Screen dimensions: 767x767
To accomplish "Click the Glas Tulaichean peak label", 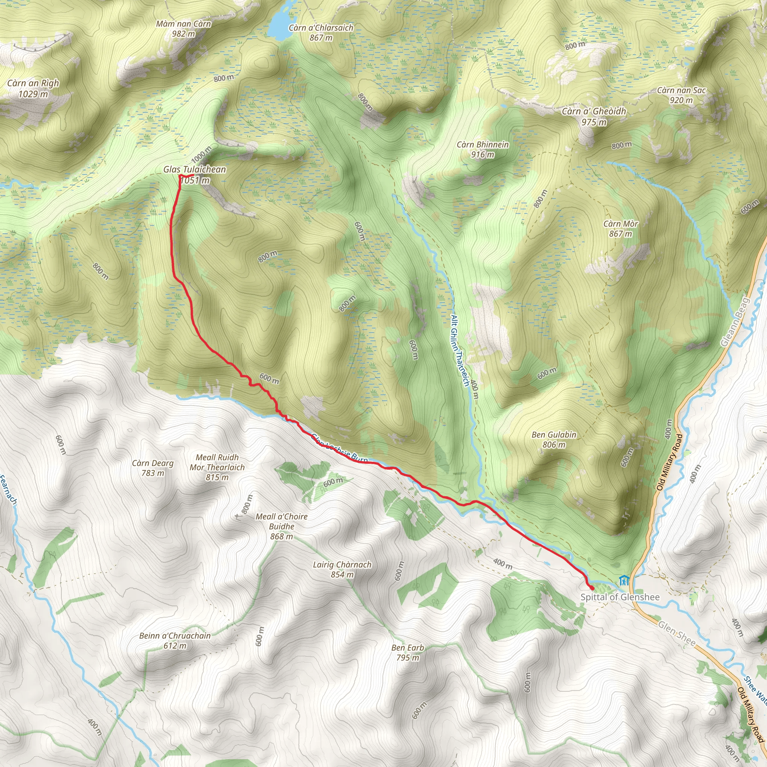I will coord(194,170).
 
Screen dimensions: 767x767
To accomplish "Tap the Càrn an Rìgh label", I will coord(33,84).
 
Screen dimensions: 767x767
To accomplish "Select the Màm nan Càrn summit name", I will coord(184,24).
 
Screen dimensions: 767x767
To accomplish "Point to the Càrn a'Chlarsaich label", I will coord(321,28).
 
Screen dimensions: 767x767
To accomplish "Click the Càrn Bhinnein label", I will coord(482,145).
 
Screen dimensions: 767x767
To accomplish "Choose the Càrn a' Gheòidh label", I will coord(594,112).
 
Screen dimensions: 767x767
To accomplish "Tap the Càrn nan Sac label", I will coord(681,91).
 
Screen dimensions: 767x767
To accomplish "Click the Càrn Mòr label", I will coord(621,224).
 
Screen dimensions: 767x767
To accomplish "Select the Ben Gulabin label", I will coord(554,435).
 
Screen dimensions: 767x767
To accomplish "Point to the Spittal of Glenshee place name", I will coord(620,597).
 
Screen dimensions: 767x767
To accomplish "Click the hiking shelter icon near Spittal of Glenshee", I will coord(624,581).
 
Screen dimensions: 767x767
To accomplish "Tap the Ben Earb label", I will coord(408,648).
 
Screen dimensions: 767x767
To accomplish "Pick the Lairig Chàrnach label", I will coord(342,564).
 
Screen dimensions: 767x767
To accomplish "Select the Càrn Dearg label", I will coord(153,463).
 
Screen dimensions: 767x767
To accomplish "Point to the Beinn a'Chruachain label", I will coord(175,636).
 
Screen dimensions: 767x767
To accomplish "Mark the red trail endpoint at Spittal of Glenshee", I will coord(591,588).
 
